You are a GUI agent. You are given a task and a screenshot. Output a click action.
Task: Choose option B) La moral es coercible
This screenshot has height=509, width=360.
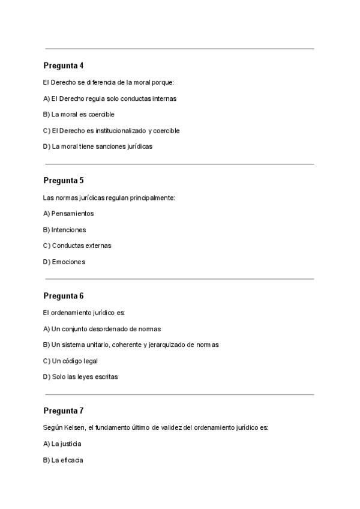79,115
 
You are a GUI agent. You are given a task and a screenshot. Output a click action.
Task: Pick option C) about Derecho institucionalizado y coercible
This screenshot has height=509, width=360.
111,131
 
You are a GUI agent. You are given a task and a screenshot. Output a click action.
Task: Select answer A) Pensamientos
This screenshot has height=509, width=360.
68,214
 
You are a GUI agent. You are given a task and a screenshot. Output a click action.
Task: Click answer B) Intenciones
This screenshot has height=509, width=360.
65,230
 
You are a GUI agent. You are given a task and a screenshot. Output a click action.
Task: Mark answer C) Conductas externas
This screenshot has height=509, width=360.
77,245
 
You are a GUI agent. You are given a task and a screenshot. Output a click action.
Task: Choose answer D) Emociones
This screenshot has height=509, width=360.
64,262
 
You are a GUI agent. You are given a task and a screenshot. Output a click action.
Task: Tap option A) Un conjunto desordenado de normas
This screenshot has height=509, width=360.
102,329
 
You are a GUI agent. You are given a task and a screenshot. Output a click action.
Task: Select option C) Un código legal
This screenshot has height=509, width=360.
70,361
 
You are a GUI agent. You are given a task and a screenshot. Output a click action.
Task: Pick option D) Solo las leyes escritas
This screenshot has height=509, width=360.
80,377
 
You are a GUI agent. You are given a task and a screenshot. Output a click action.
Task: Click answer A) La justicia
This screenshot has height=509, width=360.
62,444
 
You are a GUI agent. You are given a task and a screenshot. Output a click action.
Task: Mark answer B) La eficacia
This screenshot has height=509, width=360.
63,460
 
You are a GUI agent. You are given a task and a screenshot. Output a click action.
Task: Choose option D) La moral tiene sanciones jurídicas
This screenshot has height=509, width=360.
98,146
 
